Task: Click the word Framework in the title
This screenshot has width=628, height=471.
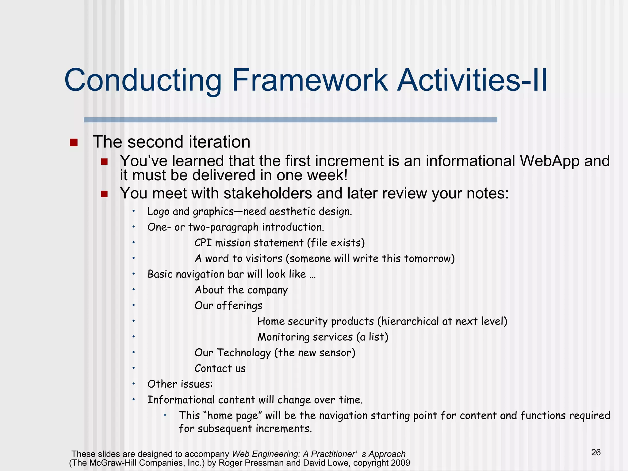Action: pyautogui.click(x=310, y=80)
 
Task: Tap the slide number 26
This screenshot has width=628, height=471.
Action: pyautogui.click(x=596, y=452)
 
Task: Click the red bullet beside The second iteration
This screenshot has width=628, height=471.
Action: pyautogui.click(x=74, y=143)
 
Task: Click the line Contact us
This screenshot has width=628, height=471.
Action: pyautogui.click(x=220, y=368)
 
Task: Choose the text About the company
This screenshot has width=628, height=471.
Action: pyautogui.click(x=241, y=290)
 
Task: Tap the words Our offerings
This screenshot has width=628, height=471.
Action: pyautogui.click(x=228, y=306)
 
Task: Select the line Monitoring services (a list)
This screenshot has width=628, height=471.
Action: pyautogui.click(x=323, y=337)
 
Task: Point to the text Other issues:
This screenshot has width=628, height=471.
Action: pyautogui.click(x=180, y=384)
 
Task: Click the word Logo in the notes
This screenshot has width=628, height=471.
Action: pyautogui.click(x=158, y=212)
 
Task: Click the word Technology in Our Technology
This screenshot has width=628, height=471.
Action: pyautogui.click(x=244, y=353)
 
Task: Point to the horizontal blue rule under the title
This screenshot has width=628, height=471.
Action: pyautogui.click(x=290, y=120)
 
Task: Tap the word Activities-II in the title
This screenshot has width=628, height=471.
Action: pyautogui.click(x=472, y=80)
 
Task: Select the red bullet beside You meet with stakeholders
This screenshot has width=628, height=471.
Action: pyautogui.click(x=104, y=194)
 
